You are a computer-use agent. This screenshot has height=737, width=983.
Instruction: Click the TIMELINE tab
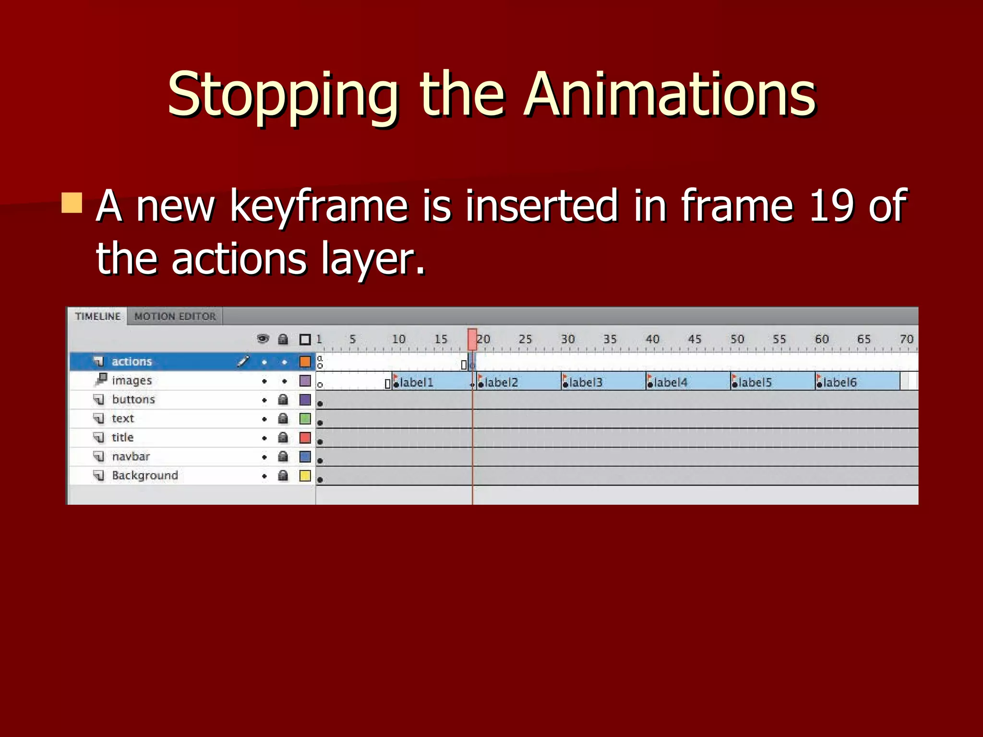coord(98,317)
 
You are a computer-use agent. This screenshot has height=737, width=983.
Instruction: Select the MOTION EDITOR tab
coord(175,317)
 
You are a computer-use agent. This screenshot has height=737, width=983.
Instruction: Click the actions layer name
coord(132,361)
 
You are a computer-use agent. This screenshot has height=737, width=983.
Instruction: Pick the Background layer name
coord(145,475)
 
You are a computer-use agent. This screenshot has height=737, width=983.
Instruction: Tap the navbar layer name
coord(131,456)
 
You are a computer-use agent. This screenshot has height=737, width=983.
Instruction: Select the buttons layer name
coord(133,399)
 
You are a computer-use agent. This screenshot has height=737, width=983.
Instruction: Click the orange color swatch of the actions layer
coord(305,361)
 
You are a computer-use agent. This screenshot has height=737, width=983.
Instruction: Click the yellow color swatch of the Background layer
coord(305,475)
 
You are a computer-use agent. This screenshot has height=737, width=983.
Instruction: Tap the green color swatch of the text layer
coord(305,418)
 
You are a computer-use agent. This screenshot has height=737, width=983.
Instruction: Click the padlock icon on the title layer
coord(283,438)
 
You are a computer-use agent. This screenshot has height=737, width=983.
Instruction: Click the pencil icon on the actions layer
coord(243,361)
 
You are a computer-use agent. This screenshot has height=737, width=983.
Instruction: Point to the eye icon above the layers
coord(263,339)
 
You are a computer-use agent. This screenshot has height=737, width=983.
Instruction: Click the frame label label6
coord(839,382)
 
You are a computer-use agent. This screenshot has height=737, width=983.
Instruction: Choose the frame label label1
coord(416,382)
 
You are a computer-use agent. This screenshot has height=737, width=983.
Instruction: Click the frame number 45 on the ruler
coord(695,339)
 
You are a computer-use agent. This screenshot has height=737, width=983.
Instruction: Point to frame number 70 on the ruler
coord(906,339)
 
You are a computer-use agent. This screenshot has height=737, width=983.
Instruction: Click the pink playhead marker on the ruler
coord(472,339)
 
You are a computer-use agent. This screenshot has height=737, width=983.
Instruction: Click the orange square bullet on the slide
coord(72,203)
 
